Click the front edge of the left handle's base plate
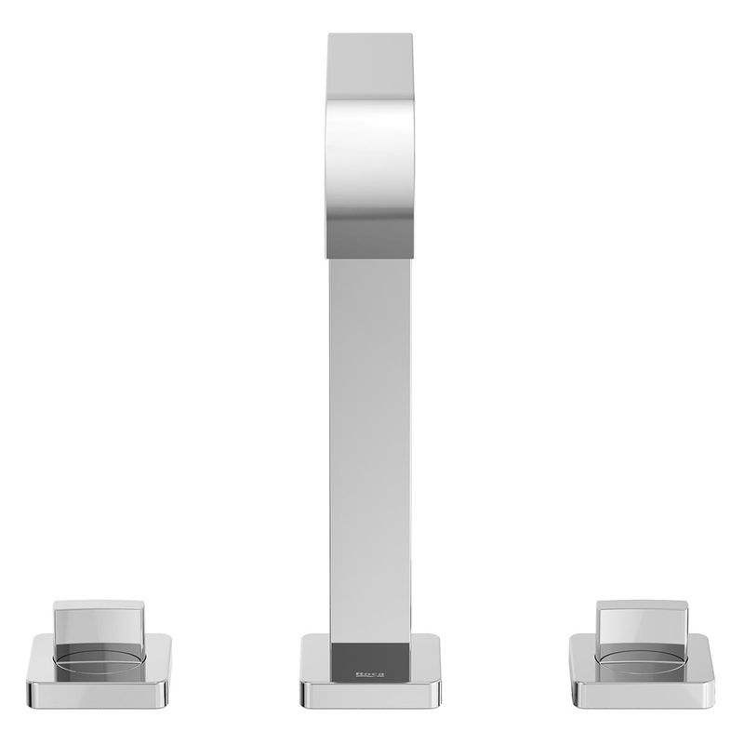coord(98,694)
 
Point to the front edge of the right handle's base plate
coord(642,694)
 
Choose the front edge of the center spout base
coord(370,694)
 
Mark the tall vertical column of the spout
coord(370,451)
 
